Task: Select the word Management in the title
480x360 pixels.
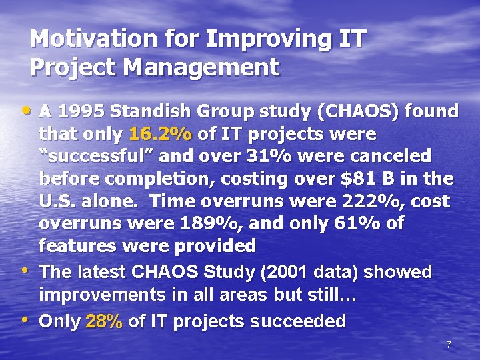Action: tap(198, 67)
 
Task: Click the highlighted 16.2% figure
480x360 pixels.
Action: tap(161, 134)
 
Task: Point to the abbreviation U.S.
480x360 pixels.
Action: tap(57, 201)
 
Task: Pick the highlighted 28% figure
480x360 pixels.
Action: tap(105, 321)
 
